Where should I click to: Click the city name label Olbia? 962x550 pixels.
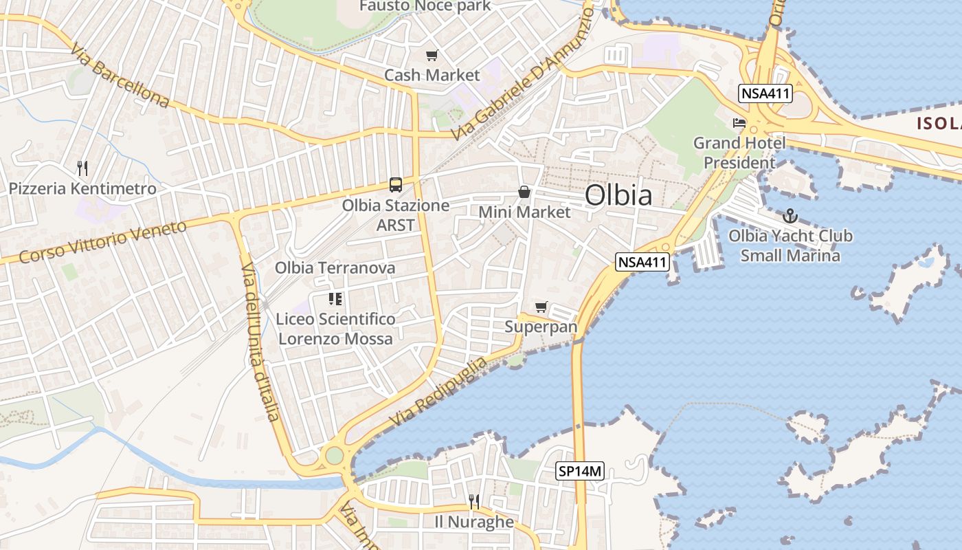pos(618,195)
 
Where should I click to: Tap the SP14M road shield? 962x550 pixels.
pos(580,472)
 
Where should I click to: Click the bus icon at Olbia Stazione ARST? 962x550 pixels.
pos(396,184)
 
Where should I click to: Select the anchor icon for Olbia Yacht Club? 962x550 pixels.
pos(790,216)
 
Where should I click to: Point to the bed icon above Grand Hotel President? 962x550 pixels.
pos(739,124)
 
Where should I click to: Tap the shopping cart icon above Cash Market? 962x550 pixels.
pos(432,56)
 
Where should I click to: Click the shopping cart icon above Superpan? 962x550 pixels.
pos(541,307)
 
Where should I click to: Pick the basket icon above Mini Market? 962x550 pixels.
pos(524,192)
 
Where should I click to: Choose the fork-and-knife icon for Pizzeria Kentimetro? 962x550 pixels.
pos(82,168)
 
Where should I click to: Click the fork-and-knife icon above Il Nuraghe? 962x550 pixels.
pos(474,501)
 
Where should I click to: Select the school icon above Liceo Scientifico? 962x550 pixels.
pos(335,299)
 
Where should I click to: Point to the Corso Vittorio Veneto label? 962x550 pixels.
pos(103,242)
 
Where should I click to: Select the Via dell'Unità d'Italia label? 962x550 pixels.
pos(260,341)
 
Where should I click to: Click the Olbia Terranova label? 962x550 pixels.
pos(335,267)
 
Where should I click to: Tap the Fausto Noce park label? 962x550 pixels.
pos(425,6)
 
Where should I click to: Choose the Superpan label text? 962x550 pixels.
pos(541,327)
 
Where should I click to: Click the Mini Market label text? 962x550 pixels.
pos(524,212)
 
